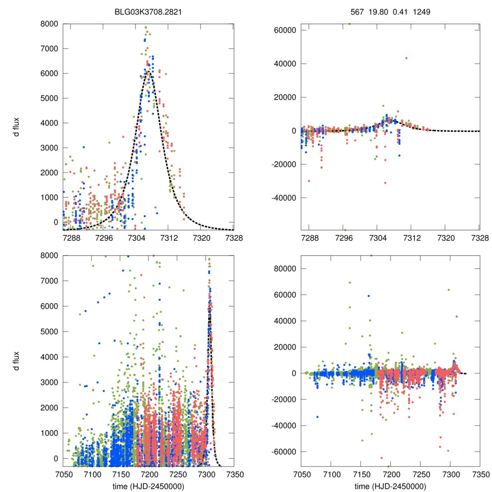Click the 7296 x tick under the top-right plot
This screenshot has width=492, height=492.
click(x=344, y=238)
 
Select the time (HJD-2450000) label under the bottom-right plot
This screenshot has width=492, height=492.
click(x=390, y=486)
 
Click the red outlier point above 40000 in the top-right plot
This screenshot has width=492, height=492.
click(x=406, y=58)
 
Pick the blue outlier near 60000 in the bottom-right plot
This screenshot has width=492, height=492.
click(x=369, y=296)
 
